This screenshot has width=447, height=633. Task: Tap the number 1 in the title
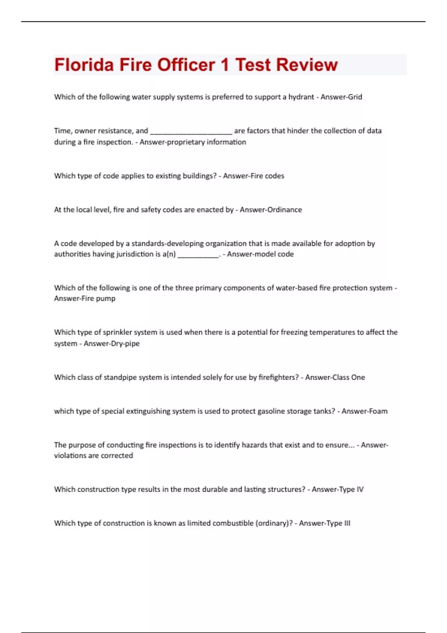click(x=224, y=65)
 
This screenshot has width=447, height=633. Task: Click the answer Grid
click(x=355, y=97)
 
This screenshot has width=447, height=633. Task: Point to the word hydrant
click(x=301, y=97)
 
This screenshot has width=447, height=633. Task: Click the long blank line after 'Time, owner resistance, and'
click(x=191, y=131)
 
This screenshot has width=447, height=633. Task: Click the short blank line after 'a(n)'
click(x=198, y=255)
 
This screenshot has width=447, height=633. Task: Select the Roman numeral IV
click(x=360, y=489)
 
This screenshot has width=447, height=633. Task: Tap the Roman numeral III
click(x=347, y=523)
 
